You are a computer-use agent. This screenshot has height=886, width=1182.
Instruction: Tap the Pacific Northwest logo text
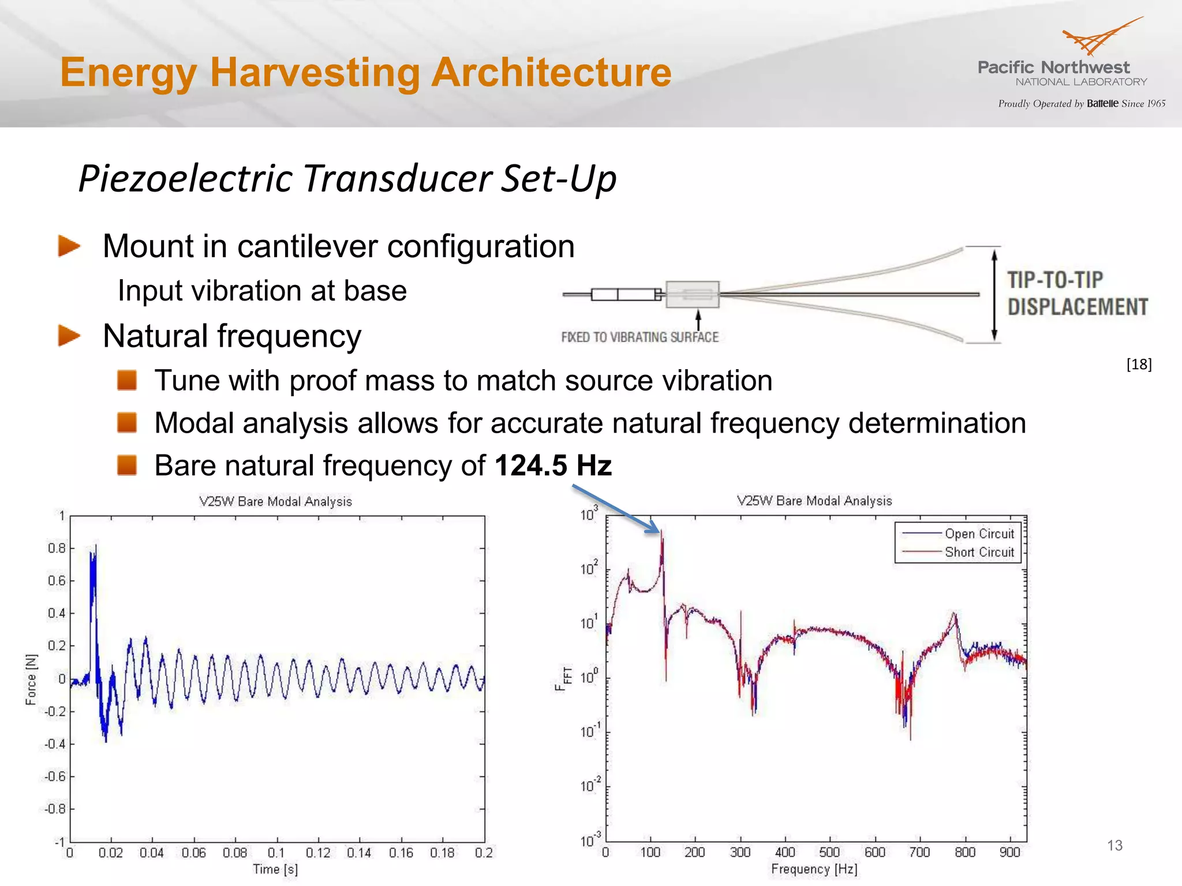[1053, 67]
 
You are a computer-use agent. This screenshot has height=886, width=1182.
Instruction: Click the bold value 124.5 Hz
[553, 465]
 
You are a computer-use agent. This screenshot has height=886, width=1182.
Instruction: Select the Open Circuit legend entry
[979, 534]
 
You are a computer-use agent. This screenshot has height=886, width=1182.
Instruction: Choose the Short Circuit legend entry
[979, 552]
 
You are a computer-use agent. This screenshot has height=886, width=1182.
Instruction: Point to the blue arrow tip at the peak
[658, 531]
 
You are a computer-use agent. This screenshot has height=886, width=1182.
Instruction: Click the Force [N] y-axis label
[31, 679]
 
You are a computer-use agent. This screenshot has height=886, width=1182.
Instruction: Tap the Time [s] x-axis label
[275, 869]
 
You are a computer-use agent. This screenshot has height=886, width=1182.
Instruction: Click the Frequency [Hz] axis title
[814, 869]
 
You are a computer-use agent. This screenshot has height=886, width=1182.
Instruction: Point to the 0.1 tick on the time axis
[276, 853]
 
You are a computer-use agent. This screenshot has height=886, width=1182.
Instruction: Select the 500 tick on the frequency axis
[829, 852]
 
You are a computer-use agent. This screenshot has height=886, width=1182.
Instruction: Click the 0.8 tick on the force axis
[57, 548]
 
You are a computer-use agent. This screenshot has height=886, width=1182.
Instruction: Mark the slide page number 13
[1114, 846]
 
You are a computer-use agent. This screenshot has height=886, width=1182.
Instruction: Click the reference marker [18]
[1139, 364]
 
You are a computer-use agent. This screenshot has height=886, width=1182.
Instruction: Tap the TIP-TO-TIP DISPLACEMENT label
[1077, 294]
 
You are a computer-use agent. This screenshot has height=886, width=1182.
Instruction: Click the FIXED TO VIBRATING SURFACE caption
[639, 337]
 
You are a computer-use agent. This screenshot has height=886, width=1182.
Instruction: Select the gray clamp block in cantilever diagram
[692, 294]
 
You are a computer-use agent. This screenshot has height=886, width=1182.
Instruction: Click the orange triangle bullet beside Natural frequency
[69, 336]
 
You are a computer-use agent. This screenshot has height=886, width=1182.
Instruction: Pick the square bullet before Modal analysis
[127, 422]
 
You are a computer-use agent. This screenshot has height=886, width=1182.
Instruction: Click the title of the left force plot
[275, 501]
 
